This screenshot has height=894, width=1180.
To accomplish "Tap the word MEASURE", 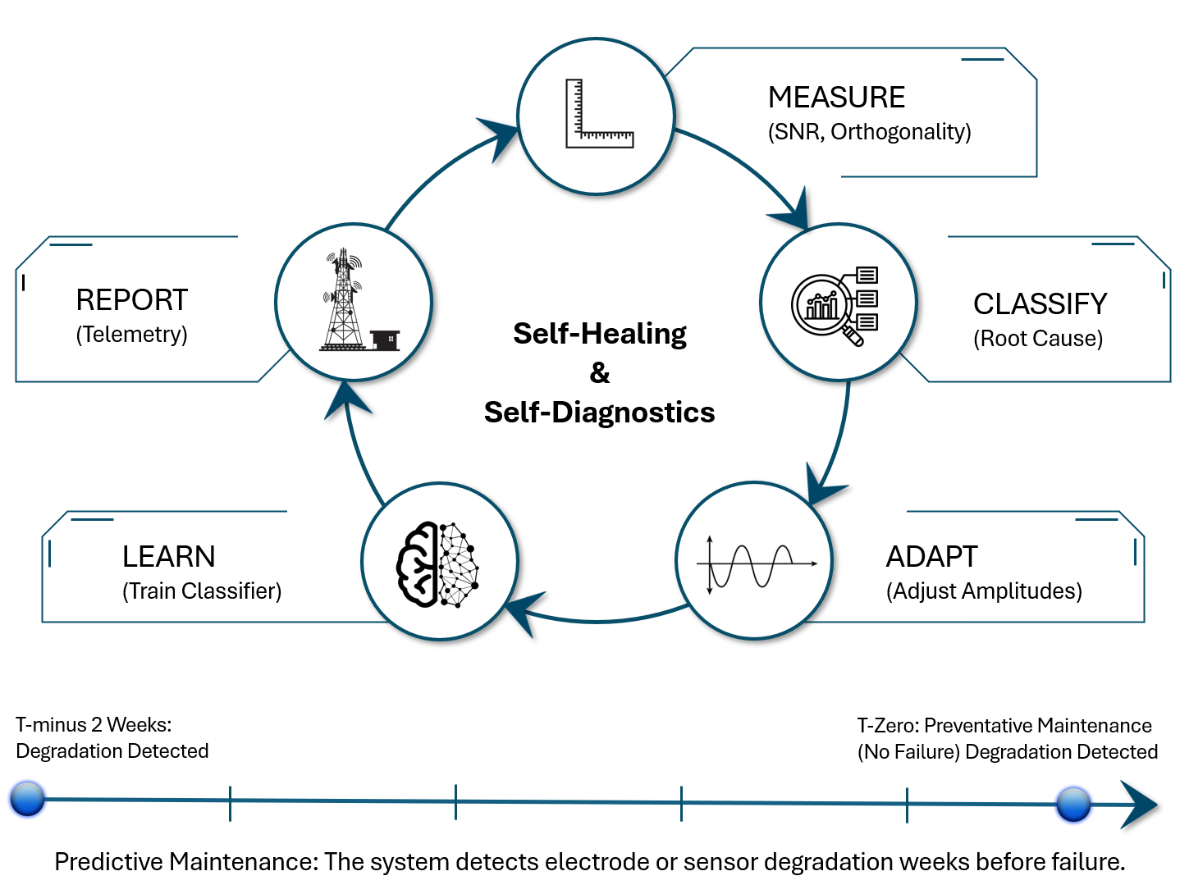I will [x=836, y=98].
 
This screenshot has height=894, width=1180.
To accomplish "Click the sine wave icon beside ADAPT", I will [x=755, y=563].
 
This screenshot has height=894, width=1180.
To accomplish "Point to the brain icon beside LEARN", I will [x=438, y=564].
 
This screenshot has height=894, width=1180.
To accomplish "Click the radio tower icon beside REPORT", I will [x=353, y=301].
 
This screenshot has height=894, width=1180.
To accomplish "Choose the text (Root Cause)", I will [x=1037, y=339].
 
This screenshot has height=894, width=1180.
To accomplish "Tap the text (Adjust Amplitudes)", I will [x=983, y=591].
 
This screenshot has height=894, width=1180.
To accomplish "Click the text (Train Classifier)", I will [x=202, y=591].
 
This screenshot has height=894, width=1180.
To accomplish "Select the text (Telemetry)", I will [x=131, y=335].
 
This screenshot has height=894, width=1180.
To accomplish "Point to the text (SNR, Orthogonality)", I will [x=869, y=132].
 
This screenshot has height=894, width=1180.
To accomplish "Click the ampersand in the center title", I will [x=600, y=373].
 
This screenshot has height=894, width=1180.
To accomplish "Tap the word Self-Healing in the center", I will [x=600, y=334].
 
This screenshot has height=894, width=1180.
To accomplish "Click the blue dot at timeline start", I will [x=27, y=799].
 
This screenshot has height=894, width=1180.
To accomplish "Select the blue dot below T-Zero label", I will [x=1073, y=804].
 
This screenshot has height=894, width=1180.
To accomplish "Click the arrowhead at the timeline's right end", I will [x=1141, y=805].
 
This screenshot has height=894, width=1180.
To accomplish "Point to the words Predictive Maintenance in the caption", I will [x=184, y=862].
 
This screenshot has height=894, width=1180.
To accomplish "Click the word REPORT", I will [x=131, y=300].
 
